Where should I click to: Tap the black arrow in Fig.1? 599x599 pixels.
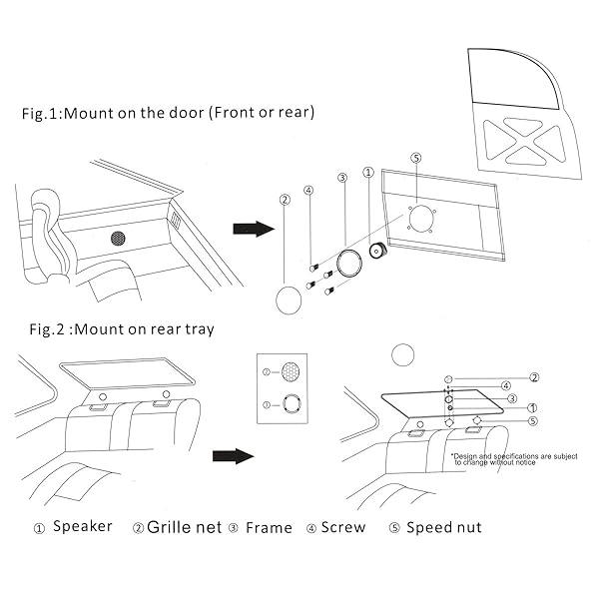(x=253, y=229)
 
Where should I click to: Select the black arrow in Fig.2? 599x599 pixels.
(x=233, y=456)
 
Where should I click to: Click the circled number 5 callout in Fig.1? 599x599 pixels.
(x=416, y=158)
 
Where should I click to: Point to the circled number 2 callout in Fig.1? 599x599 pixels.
(x=285, y=200)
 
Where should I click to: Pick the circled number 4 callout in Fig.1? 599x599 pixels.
(x=309, y=190)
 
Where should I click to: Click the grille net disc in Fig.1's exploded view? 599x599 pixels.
(x=288, y=299)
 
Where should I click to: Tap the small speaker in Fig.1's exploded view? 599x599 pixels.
(x=378, y=252)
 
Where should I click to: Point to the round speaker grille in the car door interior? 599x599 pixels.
(x=119, y=240)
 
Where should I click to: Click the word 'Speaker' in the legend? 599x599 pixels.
(x=82, y=526)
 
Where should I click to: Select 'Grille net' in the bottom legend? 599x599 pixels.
(x=184, y=526)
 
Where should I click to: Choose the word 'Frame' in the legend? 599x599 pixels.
(x=269, y=526)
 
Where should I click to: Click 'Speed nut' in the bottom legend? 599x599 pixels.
(x=443, y=526)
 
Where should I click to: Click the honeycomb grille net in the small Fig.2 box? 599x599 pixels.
(x=290, y=371)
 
